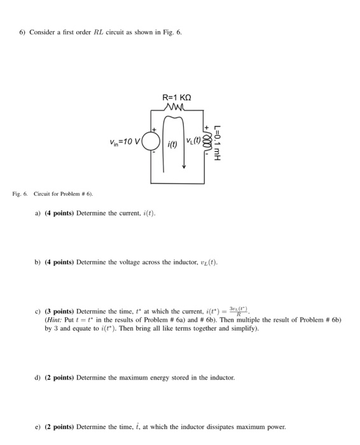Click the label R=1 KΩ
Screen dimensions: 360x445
tap(176, 98)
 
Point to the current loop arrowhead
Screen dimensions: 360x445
tap(184, 167)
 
